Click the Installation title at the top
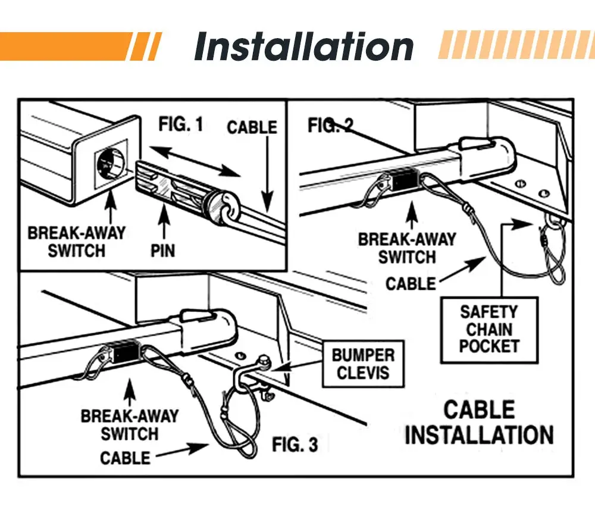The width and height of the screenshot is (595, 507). [x=303, y=47]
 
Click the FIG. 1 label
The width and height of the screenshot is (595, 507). [x=181, y=125]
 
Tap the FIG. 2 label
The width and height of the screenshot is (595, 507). [x=330, y=126]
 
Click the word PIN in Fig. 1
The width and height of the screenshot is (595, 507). [x=162, y=250]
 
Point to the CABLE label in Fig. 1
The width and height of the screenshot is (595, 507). [x=252, y=127]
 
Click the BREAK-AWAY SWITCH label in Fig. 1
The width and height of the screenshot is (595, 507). [x=77, y=241]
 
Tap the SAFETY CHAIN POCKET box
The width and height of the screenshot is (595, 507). [x=489, y=329]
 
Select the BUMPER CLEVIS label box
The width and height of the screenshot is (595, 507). [x=362, y=364]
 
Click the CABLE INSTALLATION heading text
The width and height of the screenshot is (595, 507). [x=479, y=422]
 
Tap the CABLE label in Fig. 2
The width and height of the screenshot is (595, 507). [x=411, y=284]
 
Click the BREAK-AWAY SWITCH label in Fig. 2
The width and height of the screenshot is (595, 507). [x=407, y=248]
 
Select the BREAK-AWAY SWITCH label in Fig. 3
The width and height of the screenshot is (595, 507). [x=129, y=424]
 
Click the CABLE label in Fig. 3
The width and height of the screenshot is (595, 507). [x=125, y=458]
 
